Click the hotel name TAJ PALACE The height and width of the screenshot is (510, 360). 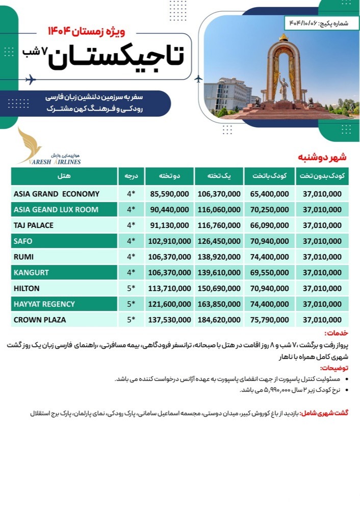[35, 225]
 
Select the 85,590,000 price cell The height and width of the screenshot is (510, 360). [170, 194]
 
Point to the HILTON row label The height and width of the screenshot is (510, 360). [29, 288]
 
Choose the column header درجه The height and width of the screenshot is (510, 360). [131, 176]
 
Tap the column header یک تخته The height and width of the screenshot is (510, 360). [219, 176]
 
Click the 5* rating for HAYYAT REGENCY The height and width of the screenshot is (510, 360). [131, 304]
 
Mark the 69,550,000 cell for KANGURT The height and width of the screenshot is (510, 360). [269, 272]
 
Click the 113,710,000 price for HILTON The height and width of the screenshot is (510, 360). [170, 288]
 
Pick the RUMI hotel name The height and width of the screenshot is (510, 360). [24, 257]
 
